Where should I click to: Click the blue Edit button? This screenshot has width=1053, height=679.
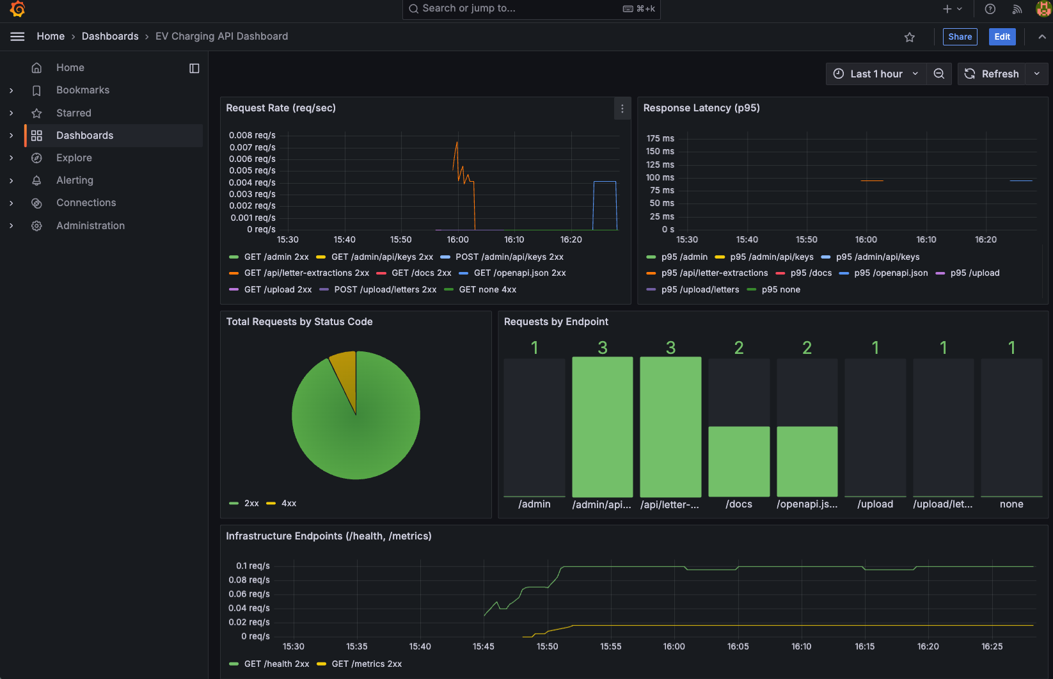click(1002, 36)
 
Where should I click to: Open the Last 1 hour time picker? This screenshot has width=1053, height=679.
click(876, 74)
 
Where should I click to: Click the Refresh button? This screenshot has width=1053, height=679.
click(992, 74)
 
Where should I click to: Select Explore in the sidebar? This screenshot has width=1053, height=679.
click(74, 158)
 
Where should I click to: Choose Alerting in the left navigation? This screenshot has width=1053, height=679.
click(75, 180)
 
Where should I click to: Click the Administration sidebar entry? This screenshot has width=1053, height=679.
click(90, 226)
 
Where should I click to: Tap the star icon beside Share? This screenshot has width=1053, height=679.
click(909, 37)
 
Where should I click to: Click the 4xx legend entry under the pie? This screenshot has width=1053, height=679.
click(289, 504)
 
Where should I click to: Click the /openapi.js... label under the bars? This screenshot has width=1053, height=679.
click(807, 504)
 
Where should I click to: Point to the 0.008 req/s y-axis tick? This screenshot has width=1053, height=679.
click(252, 136)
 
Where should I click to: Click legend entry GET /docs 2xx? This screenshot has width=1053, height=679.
click(421, 273)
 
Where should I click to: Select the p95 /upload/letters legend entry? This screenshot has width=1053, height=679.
click(700, 290)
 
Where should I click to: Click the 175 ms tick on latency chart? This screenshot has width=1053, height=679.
click(660, 139)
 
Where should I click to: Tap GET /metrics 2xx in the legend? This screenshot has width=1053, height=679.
click(367, 664)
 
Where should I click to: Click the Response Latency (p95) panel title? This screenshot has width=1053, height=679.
click(701, 108)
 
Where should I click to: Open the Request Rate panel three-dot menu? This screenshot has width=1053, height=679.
click(622, 109)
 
